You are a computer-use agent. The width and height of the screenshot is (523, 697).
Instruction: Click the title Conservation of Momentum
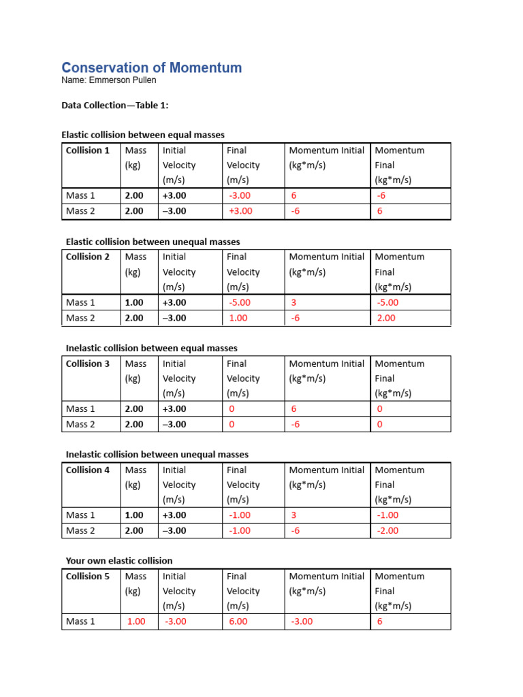click(151, 67)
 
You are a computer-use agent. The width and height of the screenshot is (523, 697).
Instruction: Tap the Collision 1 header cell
click(87, 150)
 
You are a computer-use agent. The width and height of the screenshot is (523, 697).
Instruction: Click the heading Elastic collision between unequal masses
click(153, 242)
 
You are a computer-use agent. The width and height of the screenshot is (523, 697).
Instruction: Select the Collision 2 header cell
click(87, 257)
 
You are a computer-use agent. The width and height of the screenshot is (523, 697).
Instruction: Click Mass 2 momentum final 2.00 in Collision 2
click(385, 318)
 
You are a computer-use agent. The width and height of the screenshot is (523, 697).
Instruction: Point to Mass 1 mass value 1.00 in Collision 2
click(134, 302)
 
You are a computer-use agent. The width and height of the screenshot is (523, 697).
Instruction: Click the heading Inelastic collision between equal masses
click(151, 348)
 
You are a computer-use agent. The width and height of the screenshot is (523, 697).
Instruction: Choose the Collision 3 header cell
click(87, 363)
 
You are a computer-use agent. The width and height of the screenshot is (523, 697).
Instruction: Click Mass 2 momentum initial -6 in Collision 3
click(296, 424)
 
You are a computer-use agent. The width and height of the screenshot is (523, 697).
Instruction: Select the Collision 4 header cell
click(87, 470)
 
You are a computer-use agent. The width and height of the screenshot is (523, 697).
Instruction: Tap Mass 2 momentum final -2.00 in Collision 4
click(387, 530)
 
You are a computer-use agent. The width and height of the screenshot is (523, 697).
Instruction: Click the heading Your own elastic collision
click(119, 561)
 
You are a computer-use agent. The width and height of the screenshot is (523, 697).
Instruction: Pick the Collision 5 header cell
click(87, 576)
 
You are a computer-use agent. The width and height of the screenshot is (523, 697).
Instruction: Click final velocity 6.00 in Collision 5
click(238, 621)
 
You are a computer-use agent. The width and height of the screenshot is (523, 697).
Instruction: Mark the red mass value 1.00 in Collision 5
click(136, 621)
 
